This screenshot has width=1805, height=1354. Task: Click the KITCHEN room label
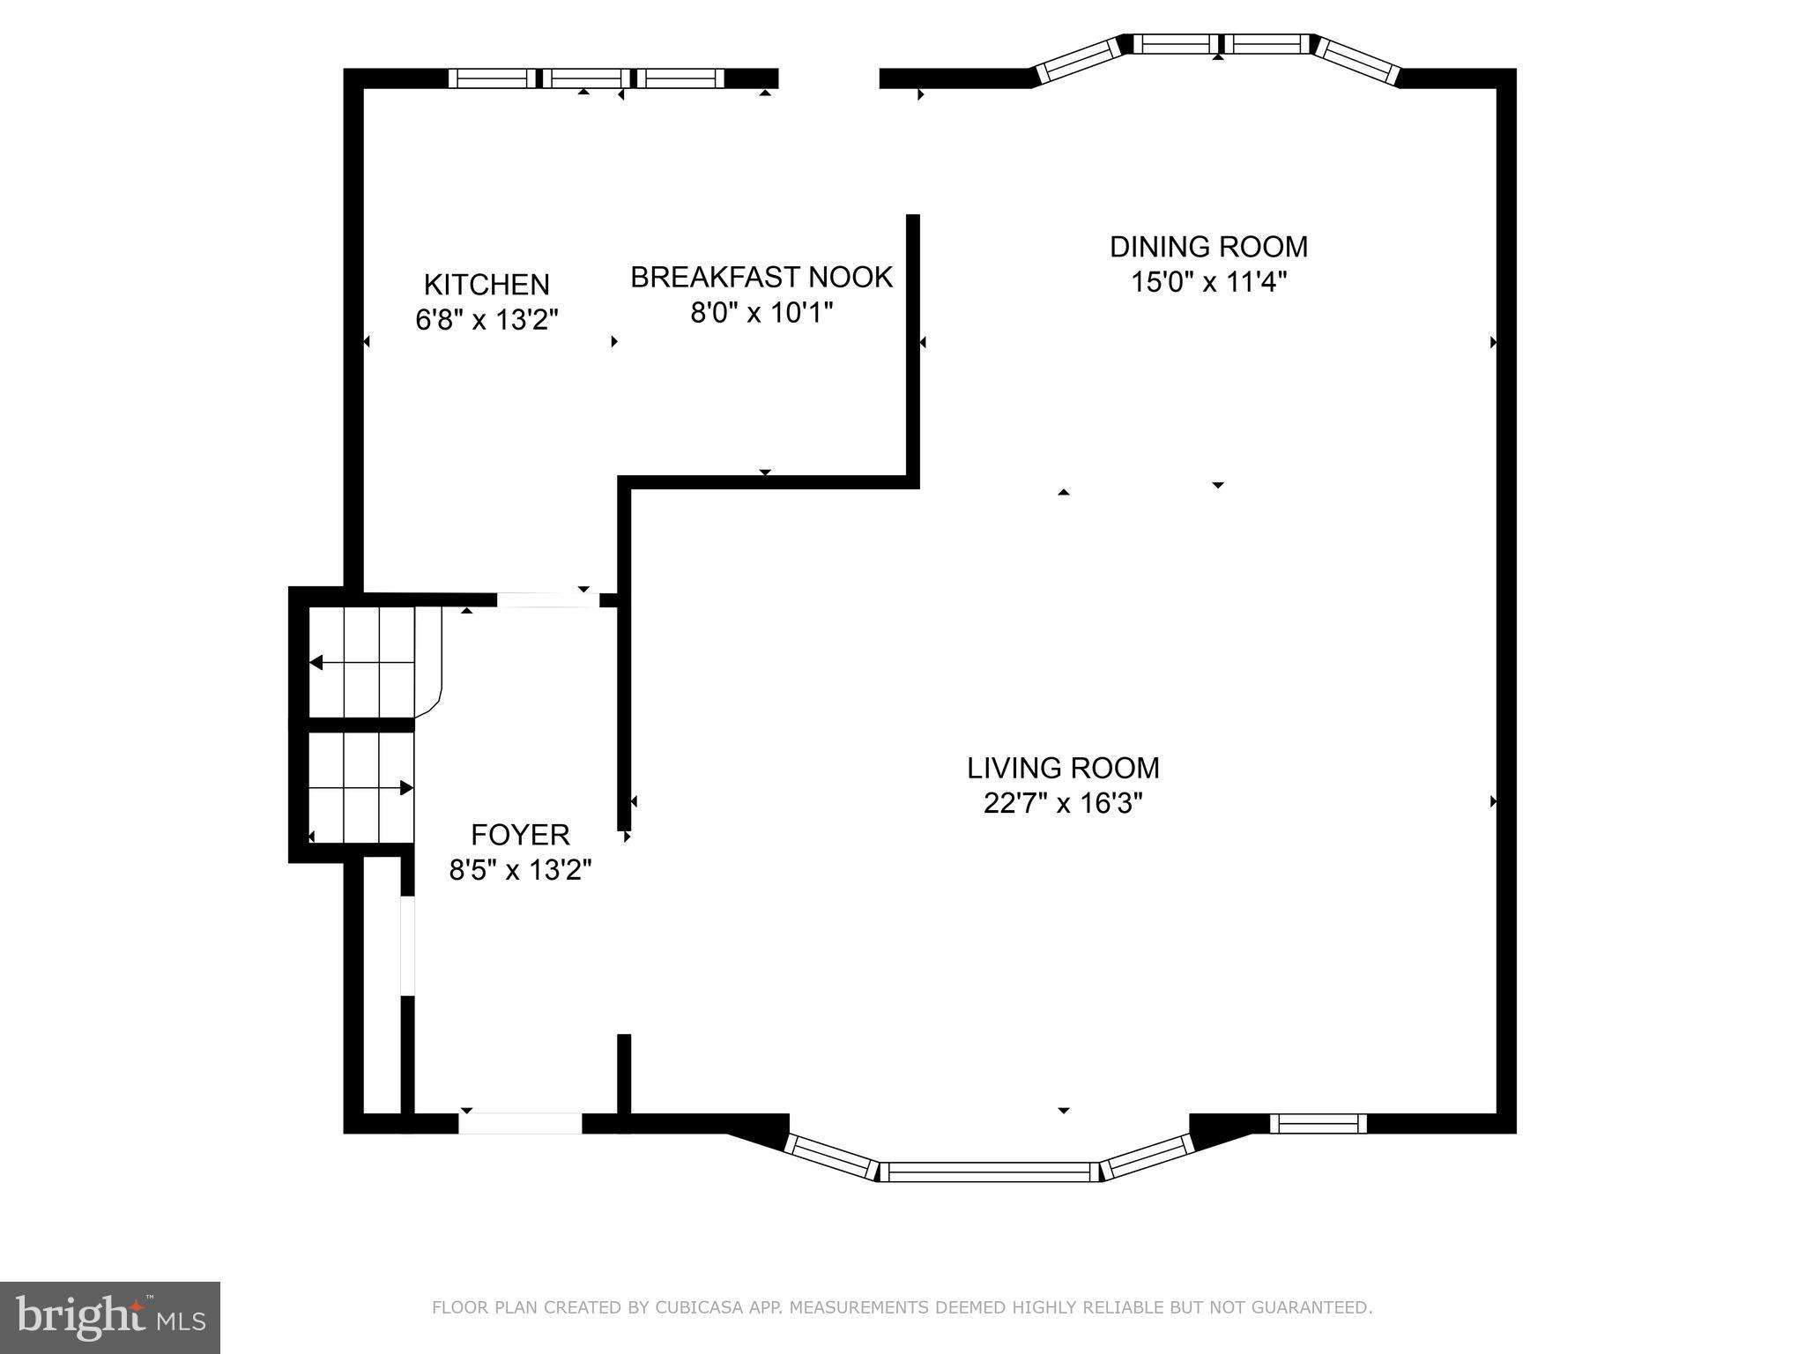[487, 285]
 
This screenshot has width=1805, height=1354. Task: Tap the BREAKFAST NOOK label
[761, 277]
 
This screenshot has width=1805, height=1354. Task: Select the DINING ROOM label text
[1208, 247]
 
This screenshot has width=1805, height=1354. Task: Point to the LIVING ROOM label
[1063, 768]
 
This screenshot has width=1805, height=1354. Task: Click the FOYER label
[520, 834]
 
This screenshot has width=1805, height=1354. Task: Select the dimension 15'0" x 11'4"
[1208, 283]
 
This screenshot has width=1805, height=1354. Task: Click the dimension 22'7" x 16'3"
[1063, 804]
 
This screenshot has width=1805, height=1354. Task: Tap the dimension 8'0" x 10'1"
[761, 313]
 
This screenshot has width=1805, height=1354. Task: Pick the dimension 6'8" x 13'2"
[487, 319]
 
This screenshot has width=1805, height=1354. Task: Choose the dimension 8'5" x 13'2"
[520, 871]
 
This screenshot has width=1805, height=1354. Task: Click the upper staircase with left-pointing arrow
[361, 661]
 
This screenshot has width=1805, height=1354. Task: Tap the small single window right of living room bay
[1318, 1123]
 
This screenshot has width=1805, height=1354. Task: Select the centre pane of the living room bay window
[990, 1172]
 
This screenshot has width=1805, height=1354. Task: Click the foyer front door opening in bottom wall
[520, 1123]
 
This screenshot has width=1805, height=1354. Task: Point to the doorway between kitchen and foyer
[548, 600]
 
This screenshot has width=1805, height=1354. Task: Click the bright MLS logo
[110, 1318]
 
